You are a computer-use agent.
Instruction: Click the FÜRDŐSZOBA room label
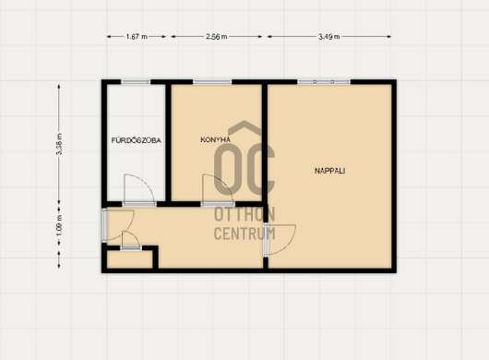tap(137, 140)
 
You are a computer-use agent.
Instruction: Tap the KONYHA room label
tap(215, 139)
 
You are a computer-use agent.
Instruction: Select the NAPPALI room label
tap(329, 171)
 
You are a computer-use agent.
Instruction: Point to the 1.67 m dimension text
tap(137, 37)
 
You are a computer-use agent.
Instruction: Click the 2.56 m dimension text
tap(217, 37)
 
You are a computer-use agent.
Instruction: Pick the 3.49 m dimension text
tap(329, 37)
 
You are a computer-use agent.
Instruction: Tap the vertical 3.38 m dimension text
tap(59, 144)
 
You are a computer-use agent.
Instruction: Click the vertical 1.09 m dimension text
tap(59, 225)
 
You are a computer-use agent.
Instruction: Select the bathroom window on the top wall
tap(136, 82)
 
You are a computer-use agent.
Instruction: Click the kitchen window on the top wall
tap(212, 82)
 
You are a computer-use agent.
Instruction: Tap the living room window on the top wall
tap(324, 82)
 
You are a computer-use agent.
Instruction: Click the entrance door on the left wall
tap(104, 225)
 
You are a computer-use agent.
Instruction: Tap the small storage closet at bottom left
tap(130, 259)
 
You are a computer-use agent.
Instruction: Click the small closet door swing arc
tap(135, 236)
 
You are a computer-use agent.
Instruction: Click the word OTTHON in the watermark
tap(244, 214)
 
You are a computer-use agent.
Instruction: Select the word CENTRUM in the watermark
tap(244, 234)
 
